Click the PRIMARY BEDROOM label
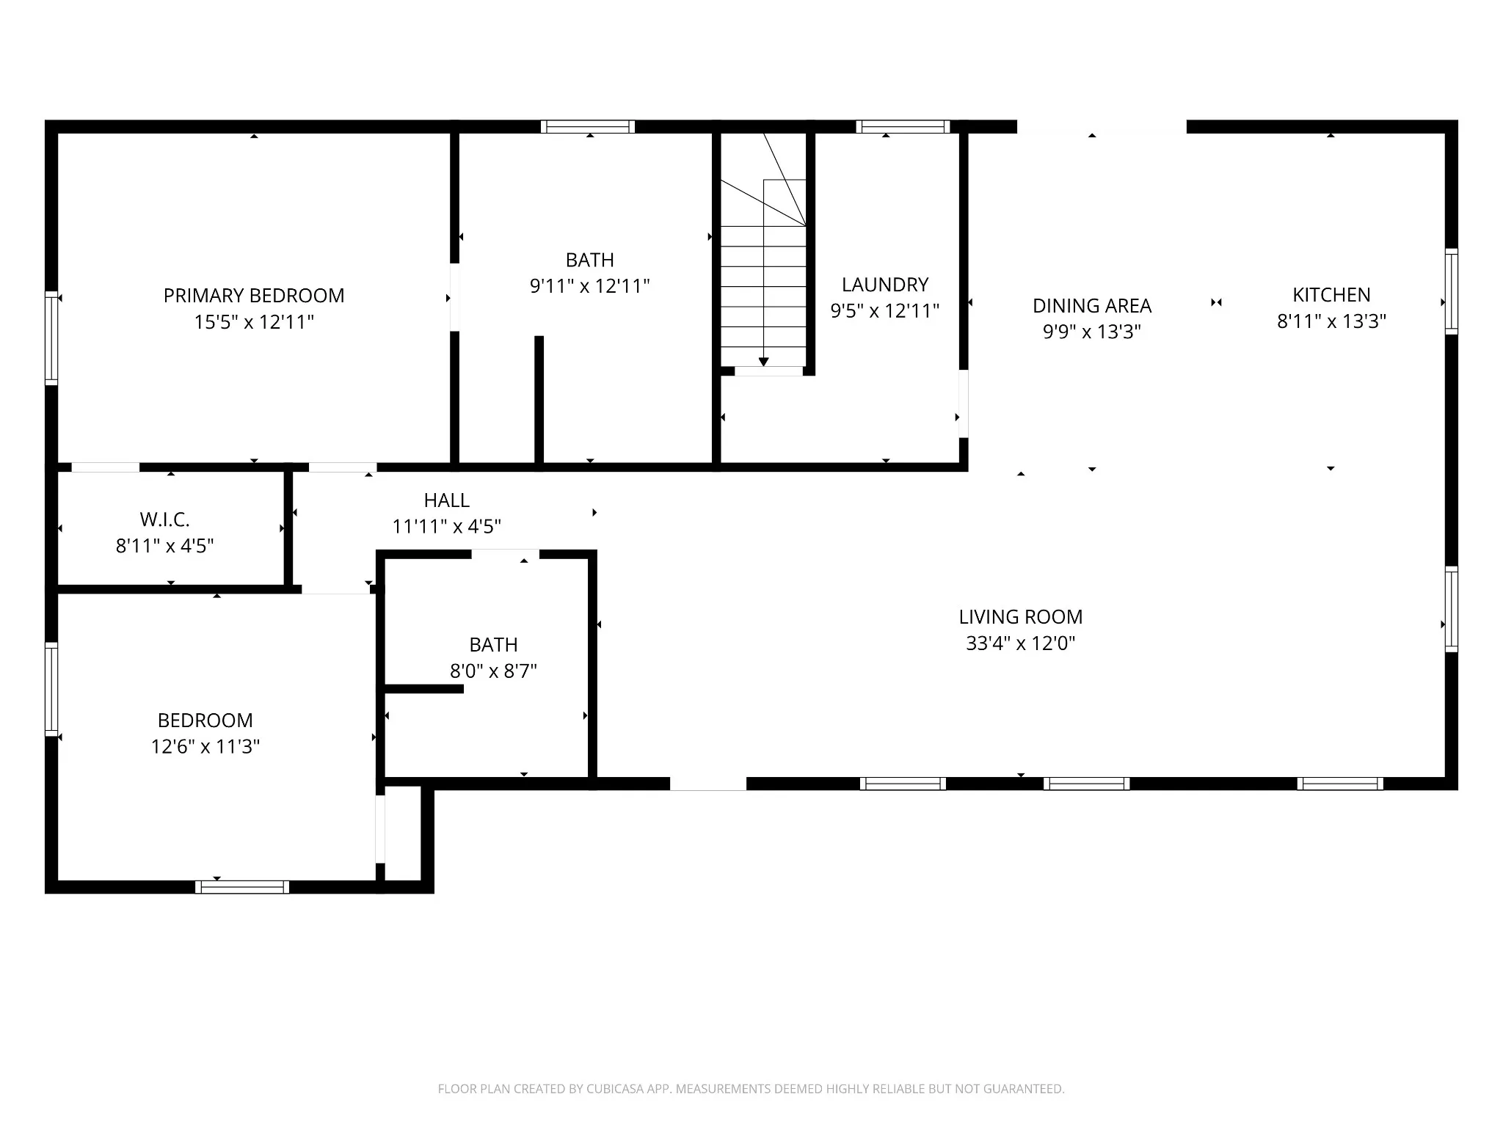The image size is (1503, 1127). (254, 296)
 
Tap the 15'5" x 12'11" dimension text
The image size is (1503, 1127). (254, 322)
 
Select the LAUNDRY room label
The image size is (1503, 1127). (885, 285)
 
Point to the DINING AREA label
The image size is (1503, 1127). (1092, 306)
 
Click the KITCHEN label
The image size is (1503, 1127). (1331, 295)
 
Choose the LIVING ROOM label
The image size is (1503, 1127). (1021, 617)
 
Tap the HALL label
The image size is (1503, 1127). (447, 500)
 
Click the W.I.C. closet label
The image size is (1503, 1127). (165, 520)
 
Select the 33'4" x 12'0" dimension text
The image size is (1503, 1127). (1021, 643)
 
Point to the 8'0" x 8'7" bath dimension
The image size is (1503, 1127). (494, 671)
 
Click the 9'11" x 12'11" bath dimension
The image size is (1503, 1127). (590, 286)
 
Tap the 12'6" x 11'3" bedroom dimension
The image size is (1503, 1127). (205, 747)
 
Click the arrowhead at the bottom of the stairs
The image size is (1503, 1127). (764, 362)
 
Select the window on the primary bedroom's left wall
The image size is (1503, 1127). (51, 338)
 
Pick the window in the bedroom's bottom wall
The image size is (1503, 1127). (242, 887)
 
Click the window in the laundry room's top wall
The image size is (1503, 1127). (903, 127)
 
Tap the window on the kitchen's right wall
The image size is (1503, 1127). (1452, 292)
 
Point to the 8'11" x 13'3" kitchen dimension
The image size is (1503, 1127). (1331, 321)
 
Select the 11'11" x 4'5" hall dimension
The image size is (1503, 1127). (447, 527)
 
